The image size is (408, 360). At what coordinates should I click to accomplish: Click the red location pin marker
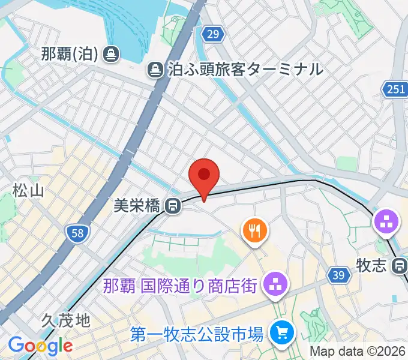204,176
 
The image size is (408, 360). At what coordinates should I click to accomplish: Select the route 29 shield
212,34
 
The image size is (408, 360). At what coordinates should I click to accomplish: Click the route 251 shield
395,89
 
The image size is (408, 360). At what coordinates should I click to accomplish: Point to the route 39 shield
339,275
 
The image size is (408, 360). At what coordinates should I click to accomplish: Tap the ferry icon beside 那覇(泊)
110,55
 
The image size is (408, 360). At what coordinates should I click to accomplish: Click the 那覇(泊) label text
70,55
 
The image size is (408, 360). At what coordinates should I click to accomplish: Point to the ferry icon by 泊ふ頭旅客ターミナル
156,70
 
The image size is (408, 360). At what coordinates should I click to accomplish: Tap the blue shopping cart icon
280,331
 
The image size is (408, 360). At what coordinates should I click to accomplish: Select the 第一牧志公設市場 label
197,332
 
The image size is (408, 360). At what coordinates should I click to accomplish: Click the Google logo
40,346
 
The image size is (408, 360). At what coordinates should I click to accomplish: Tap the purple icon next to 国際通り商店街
275,284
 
